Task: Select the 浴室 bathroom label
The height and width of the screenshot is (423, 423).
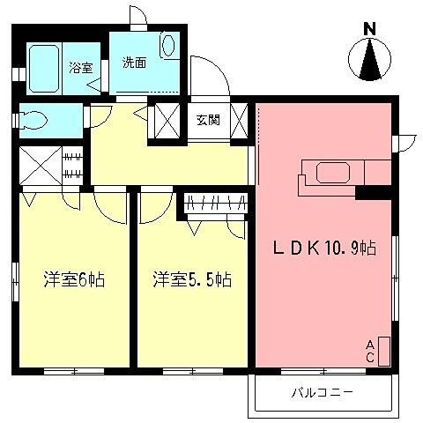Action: click(81, 67)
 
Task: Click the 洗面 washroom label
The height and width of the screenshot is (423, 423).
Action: click(135, 63)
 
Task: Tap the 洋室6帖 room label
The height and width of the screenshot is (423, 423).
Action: click(76, 280)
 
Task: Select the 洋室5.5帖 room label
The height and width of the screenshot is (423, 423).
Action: click(190, 280)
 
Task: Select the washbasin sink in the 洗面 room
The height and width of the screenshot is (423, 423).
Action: click(169, 44)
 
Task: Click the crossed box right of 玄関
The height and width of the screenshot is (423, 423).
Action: click(240, 120)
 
